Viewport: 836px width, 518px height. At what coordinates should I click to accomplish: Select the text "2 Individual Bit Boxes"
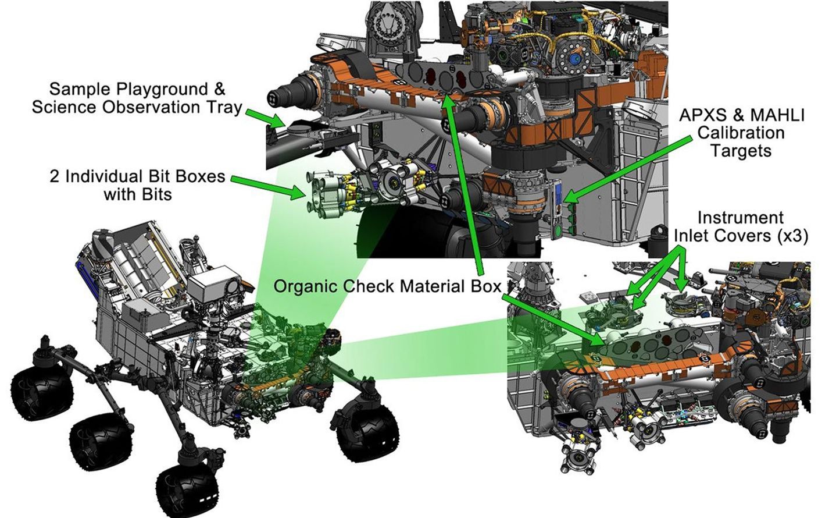coord(137,176)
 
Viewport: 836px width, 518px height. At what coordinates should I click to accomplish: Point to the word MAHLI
coord(774,115)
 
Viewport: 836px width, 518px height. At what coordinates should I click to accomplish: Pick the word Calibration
coord(741,133)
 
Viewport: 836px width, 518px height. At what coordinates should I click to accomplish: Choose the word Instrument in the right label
coord(740,218)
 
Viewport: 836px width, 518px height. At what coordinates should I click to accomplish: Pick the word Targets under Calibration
coord(741,151)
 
